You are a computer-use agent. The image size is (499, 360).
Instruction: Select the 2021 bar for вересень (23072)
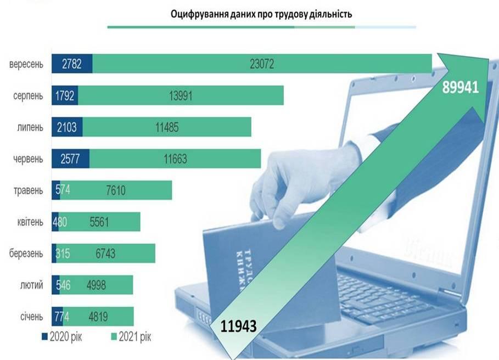tap(262, 64)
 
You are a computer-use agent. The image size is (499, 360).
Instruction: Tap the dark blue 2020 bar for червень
tap(71, 159)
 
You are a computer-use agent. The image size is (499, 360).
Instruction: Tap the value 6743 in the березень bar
tap(104, 254)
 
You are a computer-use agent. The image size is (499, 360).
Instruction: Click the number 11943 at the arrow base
tap(238, 327)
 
